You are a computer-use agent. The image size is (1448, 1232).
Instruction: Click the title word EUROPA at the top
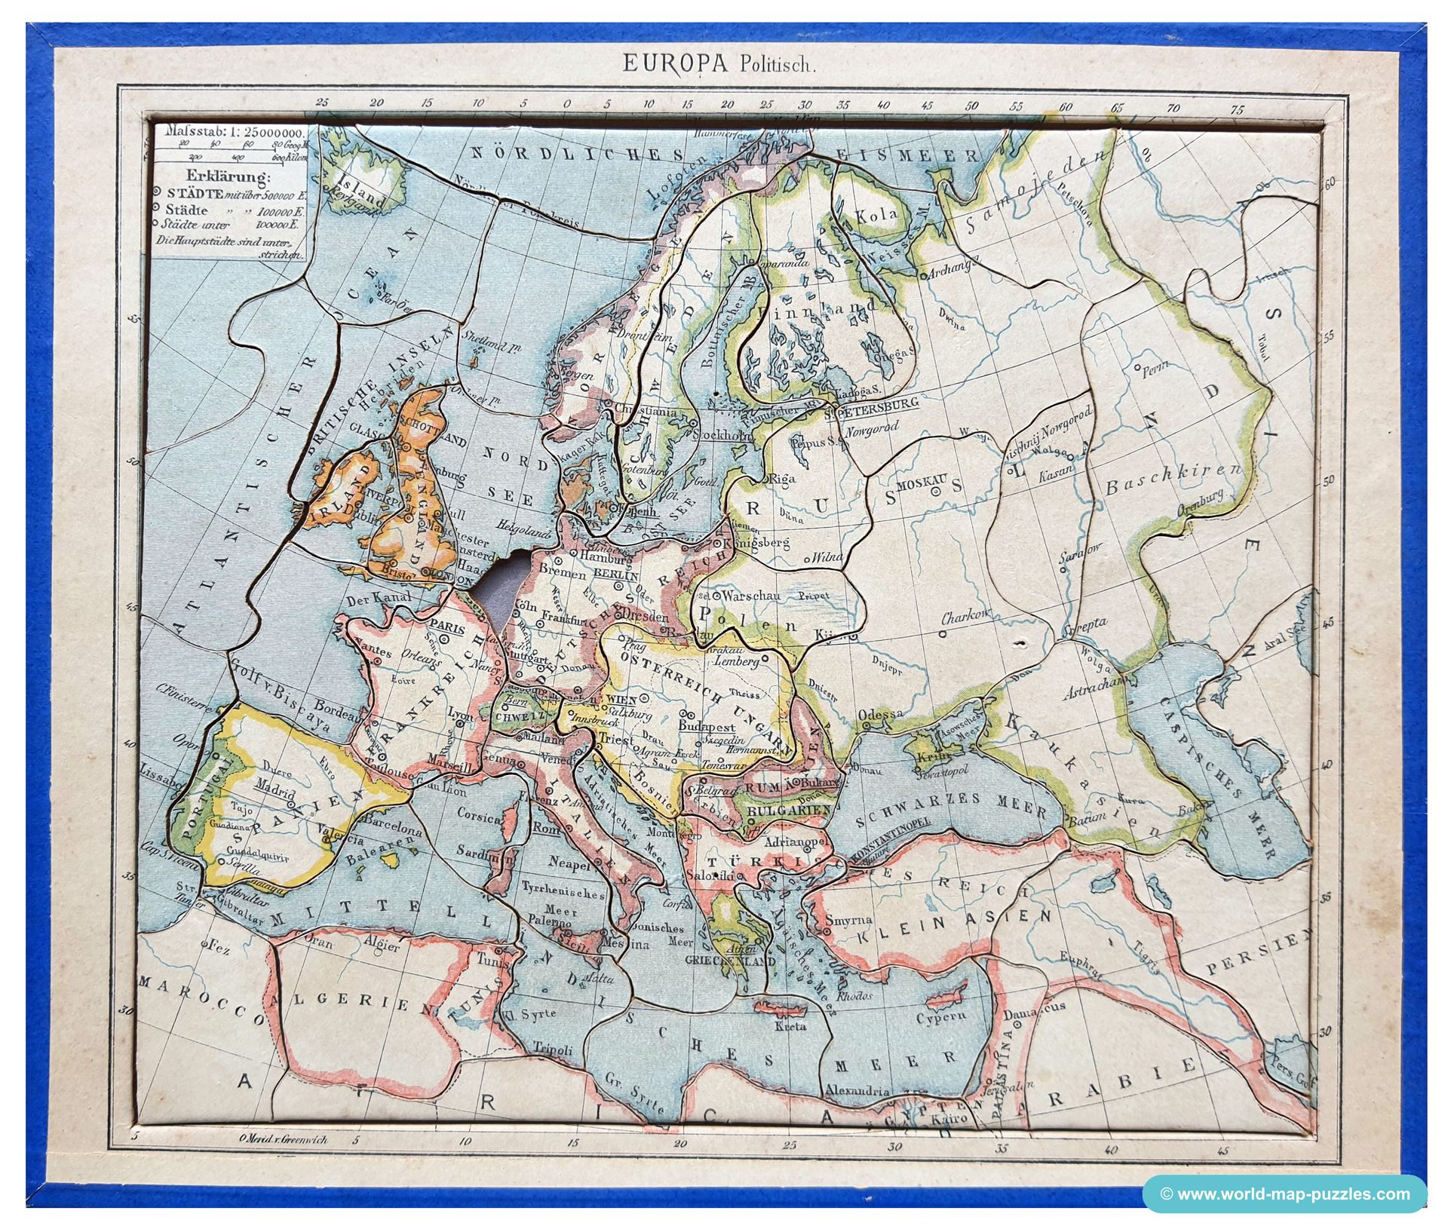pos(674,63)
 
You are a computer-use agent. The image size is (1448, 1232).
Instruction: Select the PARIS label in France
pos(446,624)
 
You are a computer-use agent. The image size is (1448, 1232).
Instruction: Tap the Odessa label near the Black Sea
pos(885,713)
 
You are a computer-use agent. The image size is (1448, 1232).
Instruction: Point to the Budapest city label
pos(707,727)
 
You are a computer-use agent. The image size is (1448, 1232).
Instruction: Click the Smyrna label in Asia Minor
pos(848,921)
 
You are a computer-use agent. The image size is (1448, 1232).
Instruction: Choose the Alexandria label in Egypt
pos(857,1089)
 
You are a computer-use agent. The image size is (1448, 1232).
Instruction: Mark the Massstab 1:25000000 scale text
pos(229,133)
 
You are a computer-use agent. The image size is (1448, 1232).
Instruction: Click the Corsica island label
pos(478,817)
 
